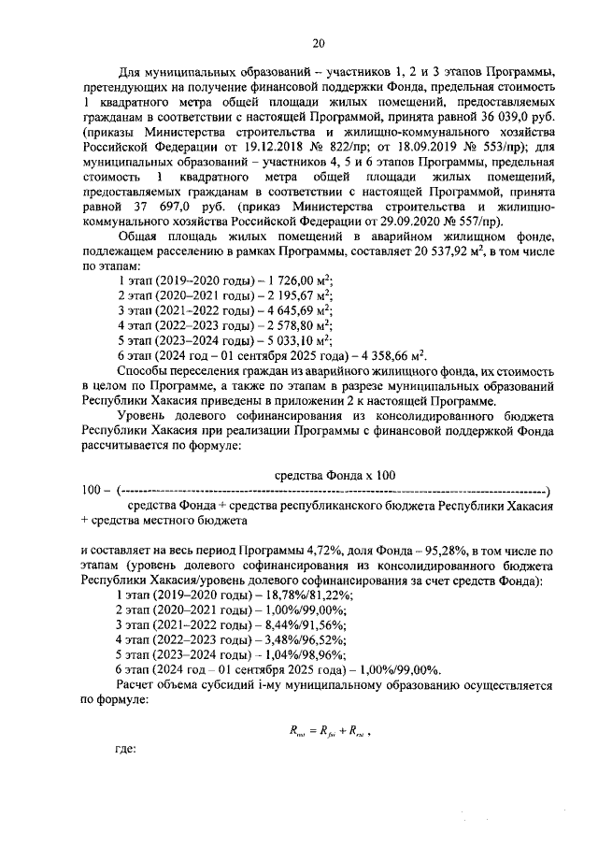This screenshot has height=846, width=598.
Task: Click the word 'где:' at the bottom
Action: [x=124, y=749]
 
